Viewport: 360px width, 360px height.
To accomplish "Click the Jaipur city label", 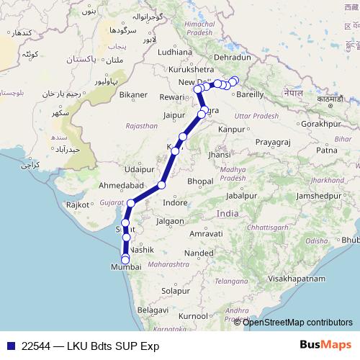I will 175,114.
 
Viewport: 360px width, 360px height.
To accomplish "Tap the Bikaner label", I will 133,94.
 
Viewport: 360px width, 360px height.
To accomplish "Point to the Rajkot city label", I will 78,204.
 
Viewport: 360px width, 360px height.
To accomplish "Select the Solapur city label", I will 176,291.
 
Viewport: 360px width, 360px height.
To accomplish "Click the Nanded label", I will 198,253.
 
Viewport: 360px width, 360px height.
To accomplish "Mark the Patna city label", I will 326,150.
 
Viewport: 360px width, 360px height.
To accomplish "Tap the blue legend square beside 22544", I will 9,346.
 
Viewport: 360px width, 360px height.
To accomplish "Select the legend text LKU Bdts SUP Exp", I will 110,346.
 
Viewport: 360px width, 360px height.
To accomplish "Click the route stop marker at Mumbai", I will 125,260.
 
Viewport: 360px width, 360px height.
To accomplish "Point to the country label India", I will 228,214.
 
